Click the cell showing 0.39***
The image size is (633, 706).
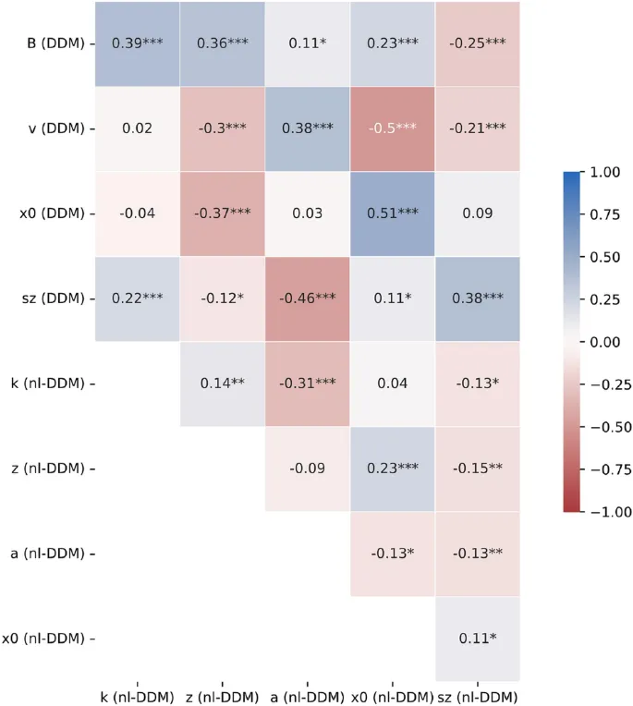pyautogui.click(x=137, y=43)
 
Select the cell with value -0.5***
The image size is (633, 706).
pyautogui.click(x=392, y=128)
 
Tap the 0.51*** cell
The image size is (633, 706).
pyautogui.click(x=392, y=213)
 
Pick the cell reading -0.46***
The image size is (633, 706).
pyautogui.click(x=307, y=298)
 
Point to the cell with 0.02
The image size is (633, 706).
pyautogui.click(x=137, y=128)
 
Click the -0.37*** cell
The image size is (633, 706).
pyautogui.click(x=222, y=213)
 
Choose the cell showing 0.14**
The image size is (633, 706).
pyautogui.click(x=222, y=383)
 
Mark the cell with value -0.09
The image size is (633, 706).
pyautogui.click(x=307, y=469)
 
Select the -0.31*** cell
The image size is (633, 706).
pyautogui.click(x=307, y=383)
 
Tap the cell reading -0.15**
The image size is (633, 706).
pyautogui.click(x=477, y=469)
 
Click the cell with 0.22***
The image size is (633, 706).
pyautogui.click(x=137, y=298)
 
